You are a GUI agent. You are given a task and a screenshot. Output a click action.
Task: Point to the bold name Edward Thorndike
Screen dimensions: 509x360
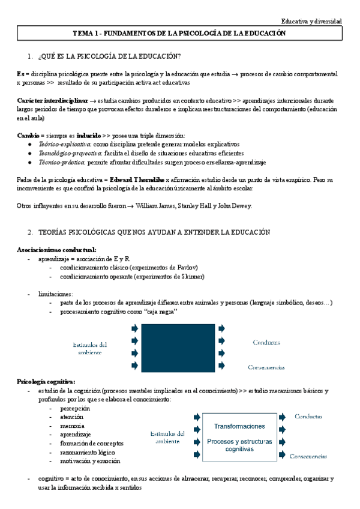137,179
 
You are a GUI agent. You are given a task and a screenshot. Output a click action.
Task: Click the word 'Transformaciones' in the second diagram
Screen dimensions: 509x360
239,426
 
